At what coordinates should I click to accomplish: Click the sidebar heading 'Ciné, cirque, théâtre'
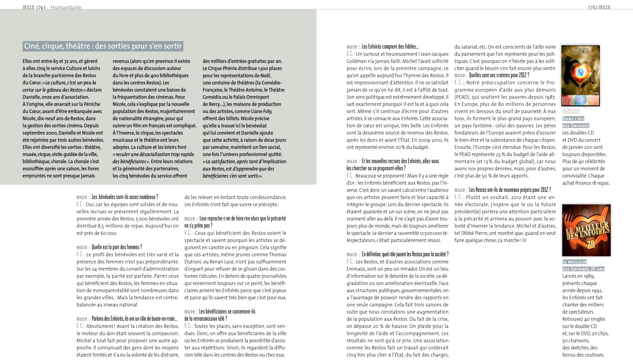(103, 46)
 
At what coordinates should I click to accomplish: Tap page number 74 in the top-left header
(41, 7)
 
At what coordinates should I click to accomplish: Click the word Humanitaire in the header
(66, 7)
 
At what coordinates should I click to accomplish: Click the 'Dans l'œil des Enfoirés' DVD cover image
(580, 75)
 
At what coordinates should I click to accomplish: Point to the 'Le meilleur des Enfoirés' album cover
(586, 230)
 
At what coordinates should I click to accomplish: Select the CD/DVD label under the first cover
(571, 111)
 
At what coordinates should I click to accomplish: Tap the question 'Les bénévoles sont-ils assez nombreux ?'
(125, 197)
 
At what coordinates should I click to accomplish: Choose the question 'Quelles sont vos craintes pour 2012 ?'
(499, 75)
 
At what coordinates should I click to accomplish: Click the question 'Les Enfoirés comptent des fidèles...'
(390, 47)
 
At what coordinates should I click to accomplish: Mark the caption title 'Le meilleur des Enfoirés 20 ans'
(583, 265)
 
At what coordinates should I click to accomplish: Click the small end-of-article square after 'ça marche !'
(524, 240)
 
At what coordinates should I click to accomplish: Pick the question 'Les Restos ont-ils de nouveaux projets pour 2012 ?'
(510, 190)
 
